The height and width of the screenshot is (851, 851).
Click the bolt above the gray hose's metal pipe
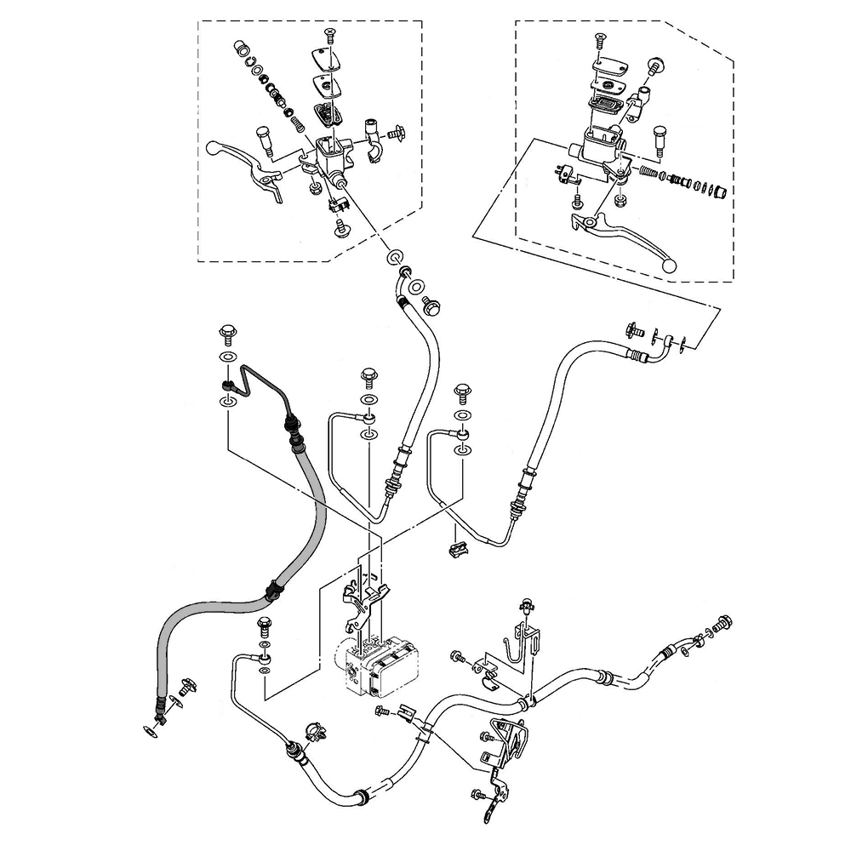227,331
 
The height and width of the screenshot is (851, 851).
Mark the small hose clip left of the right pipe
457,547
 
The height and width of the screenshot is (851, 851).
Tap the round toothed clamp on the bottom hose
312,732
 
